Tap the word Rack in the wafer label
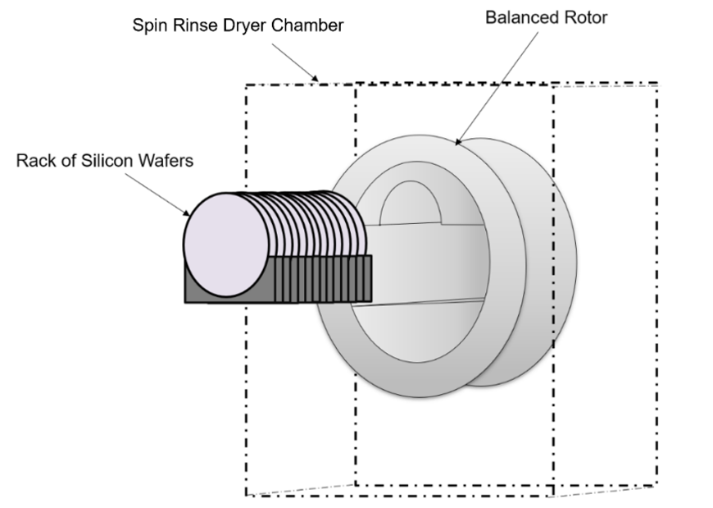tap(34, 161)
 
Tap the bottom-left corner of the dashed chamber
tap(247, 495)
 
